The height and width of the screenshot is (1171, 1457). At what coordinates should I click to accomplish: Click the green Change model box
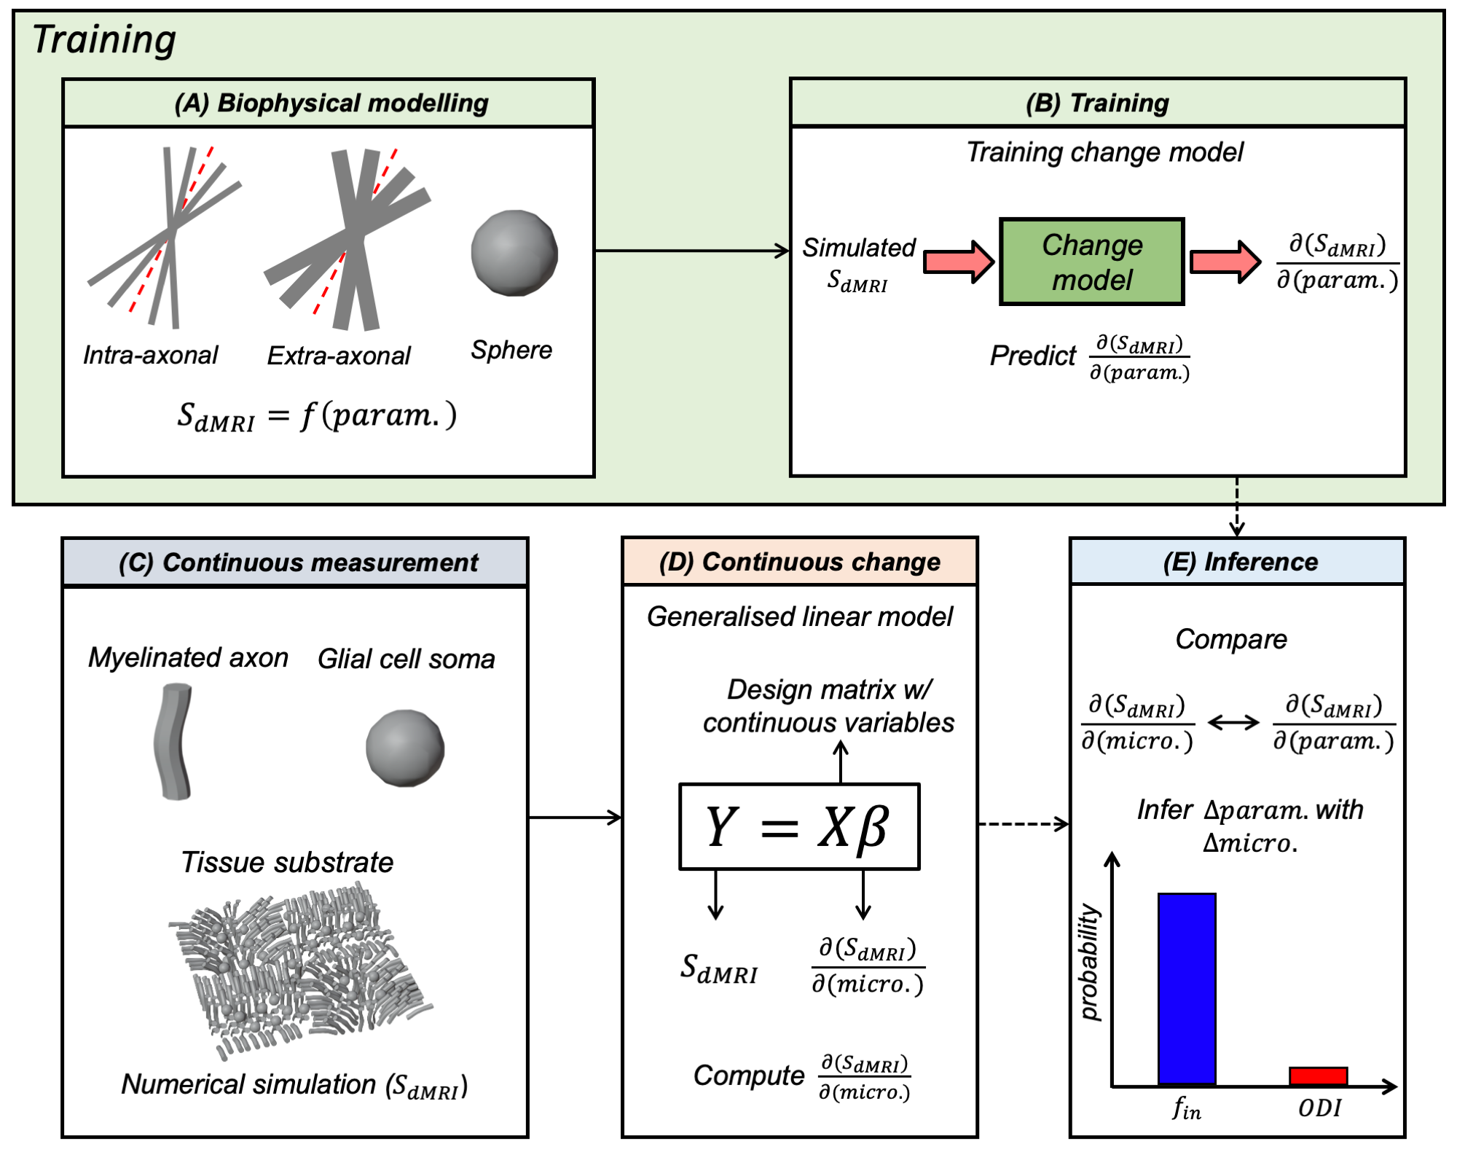pos(1091,262)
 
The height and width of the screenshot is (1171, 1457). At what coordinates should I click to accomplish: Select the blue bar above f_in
pos(1187,989)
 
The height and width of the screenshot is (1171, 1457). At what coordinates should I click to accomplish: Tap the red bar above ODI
pos(1318,1076)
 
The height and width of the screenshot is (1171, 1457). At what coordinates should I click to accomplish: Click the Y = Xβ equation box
pos(799,826)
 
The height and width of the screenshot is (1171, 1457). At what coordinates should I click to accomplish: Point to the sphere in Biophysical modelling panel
pos(514,253)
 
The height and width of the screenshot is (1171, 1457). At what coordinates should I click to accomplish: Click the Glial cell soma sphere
pos(405,748)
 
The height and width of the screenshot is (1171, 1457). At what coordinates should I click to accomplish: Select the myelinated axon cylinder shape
pos(173,741)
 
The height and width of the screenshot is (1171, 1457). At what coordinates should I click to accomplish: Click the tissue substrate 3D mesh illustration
pos(300,968)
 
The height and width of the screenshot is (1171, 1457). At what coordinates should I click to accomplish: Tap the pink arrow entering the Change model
pos(959,261)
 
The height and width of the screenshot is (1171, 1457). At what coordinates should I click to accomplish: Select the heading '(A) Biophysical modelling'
pos(331,103)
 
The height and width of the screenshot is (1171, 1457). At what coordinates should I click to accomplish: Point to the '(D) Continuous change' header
pos(799,562)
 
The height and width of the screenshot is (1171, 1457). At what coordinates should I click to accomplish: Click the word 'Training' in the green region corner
pos(104,40)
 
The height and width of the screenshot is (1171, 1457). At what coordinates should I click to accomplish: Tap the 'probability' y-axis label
pos(1088,962)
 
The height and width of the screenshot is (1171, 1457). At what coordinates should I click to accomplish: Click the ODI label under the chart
pos(1319,1108)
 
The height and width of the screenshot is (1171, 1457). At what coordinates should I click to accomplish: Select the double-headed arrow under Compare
pos(1233,722)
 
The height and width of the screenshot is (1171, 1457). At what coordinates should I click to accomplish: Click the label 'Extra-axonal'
pos(339,356)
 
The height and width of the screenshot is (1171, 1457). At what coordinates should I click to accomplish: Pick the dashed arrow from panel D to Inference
pos(1024,824)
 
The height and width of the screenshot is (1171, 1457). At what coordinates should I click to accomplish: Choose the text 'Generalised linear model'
pos(800,617)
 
